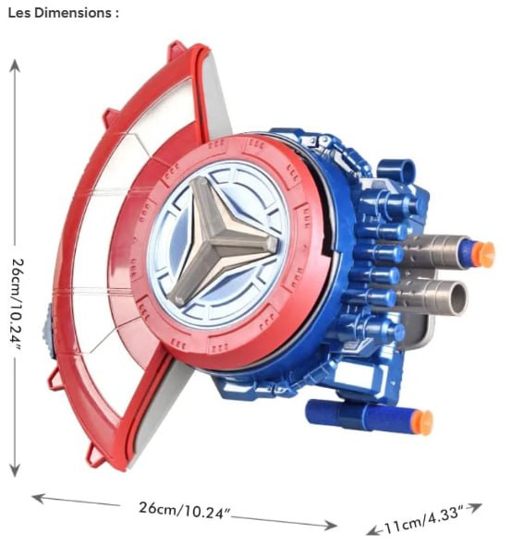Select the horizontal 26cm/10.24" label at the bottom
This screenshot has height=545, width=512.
pyautogui.click(x=184, y=510)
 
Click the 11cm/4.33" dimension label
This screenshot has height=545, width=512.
pyautogui.click(x=424, y=518)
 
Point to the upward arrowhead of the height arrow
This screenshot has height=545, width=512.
pyautogui.click(x=14, y=65)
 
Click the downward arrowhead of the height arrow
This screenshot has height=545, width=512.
pyautogui.click(x=14, y=470)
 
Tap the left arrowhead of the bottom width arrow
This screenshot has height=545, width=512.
pyautogui.click(x=38, y=498)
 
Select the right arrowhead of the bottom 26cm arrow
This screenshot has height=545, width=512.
pyautogui.click(x=331, y=525)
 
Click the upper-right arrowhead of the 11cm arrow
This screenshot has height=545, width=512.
pyautogui.click(x=475, y=507)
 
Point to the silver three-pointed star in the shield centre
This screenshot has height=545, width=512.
pyautogui.click(x=219, y=240)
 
